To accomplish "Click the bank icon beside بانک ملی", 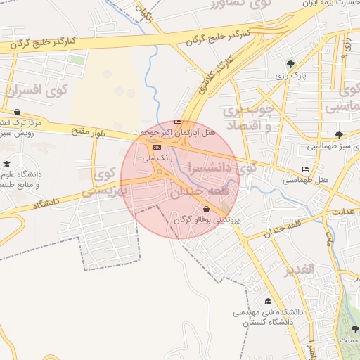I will point(156,148).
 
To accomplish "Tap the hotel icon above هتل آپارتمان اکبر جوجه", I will point(177,122).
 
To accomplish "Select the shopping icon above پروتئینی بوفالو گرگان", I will point(206,209).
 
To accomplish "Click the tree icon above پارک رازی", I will point(291,63).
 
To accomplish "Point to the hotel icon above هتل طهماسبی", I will point(304,169).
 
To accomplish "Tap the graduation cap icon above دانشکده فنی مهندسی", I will point(267,301).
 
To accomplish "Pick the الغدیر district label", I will point(298,270).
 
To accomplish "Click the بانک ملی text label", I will point(157,158).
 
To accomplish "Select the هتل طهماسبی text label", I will point(306,181).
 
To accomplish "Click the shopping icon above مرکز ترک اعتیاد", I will point(17,112).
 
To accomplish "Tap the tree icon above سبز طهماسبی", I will point(340,135).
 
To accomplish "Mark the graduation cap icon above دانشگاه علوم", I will point(6,164).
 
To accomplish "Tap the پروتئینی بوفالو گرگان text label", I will point(207,220).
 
